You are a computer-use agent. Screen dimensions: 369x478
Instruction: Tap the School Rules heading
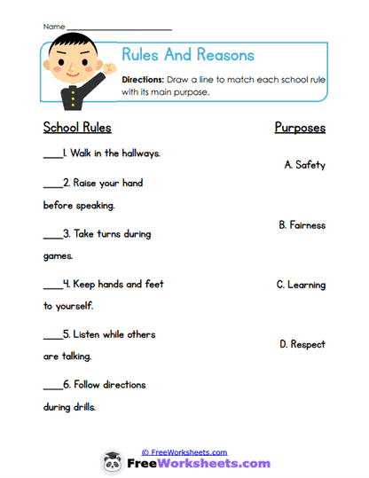point(77,127)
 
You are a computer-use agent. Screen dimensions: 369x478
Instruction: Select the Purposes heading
point(300,128)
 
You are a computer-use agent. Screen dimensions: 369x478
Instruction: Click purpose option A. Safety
point(304,164)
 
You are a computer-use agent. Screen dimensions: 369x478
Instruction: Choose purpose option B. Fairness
point(302,225)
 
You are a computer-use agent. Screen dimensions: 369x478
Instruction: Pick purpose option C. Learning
point(301,285)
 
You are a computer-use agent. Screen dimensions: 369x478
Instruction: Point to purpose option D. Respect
point(302,343)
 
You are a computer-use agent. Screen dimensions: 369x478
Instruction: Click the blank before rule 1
point(52,155)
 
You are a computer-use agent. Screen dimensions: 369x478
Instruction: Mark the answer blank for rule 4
point(52,286)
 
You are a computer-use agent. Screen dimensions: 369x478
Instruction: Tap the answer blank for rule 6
point(52,388)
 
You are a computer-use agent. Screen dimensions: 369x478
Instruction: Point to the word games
point(58,256)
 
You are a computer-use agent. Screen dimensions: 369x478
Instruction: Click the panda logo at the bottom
point(113,463)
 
